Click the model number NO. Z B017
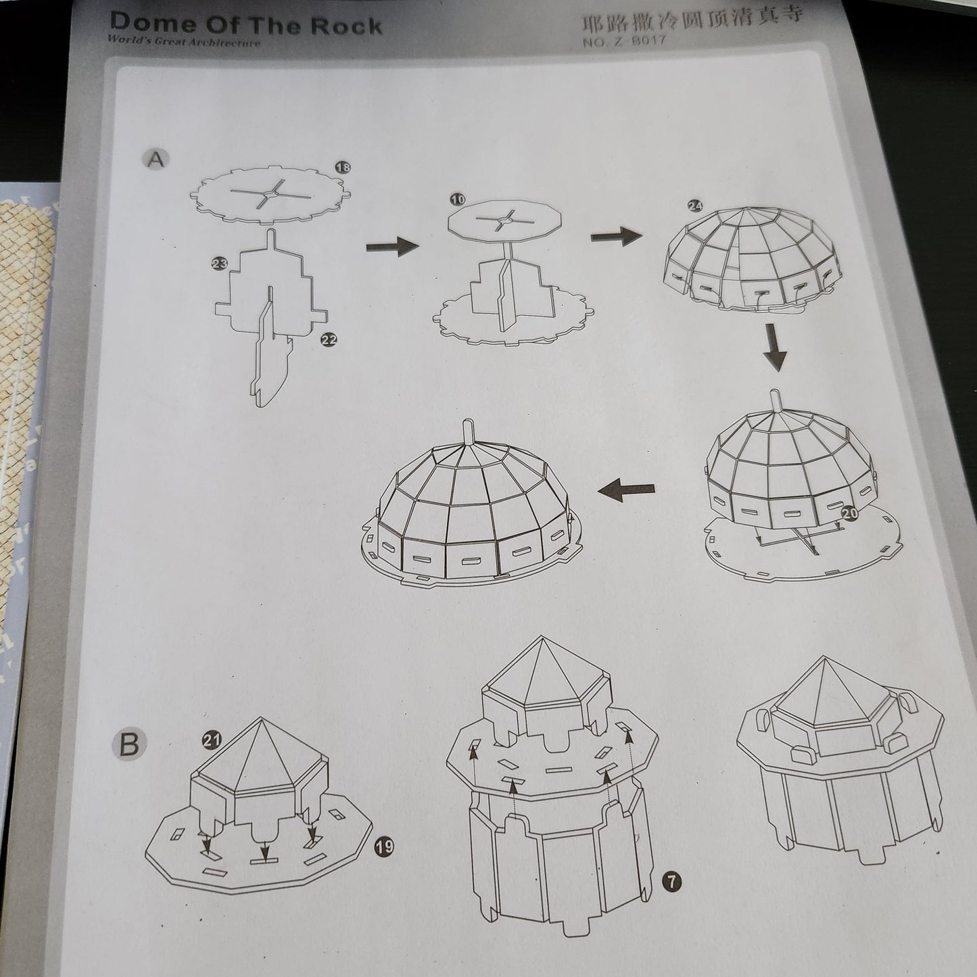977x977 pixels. tap(623, 42)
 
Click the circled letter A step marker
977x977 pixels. tap(156, 160)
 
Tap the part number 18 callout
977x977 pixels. tap(343, 167)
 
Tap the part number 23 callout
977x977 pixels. tap(218, 264)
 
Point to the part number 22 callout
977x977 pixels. tap(328, 341)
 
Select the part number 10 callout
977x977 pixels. tap(458, 199)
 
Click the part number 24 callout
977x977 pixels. tap(694, 206)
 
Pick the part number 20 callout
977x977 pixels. tap(851, 513)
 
